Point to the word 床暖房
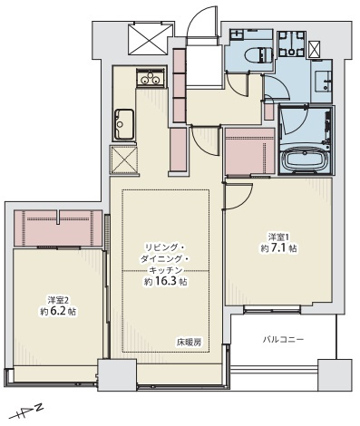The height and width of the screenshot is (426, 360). click(189, 342)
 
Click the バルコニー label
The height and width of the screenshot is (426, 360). click(283, 340)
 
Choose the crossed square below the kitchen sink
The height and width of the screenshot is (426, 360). click(122, 159)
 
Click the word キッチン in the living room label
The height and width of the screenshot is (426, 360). click(165, 270)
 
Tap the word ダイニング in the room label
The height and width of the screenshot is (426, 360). click(165, 258)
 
